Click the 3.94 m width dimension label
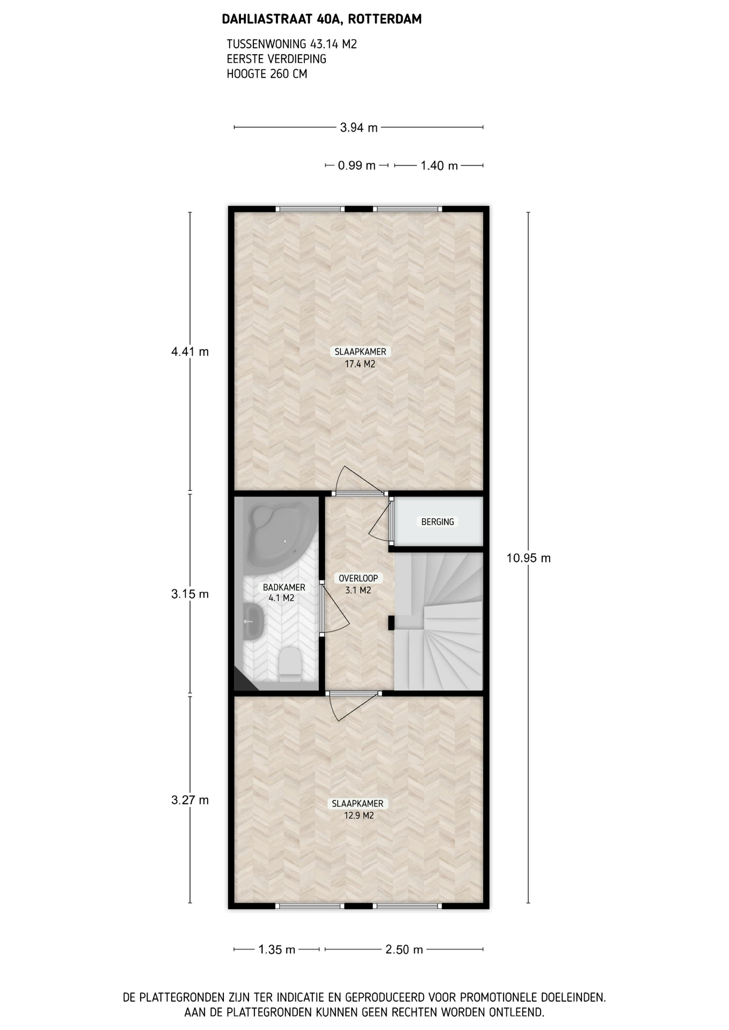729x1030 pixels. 359,128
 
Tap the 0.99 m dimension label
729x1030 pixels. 356,166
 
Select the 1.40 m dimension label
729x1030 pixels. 439,166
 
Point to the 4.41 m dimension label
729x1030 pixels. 190,352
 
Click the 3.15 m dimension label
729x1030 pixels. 190,594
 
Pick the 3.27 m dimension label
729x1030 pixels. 190,800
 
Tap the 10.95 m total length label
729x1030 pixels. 529,558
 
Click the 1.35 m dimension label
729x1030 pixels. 277,950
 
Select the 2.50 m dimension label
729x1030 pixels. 404,950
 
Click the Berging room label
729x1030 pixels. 438,521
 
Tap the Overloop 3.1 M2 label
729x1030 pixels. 358,584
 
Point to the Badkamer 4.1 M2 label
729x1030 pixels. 283,592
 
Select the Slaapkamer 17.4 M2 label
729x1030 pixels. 360,358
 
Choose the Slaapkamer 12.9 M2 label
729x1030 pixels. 359,810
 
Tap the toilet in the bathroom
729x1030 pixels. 290,664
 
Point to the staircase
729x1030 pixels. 439,621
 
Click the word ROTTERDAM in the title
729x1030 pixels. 384,20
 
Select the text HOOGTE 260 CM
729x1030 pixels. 267,74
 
